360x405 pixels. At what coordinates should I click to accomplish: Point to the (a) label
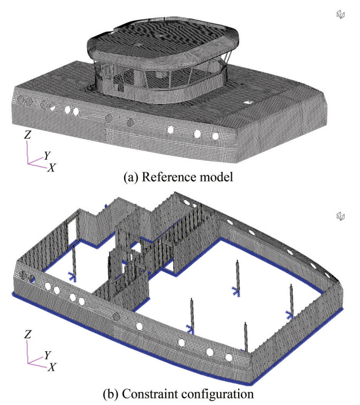[x=131, y=178]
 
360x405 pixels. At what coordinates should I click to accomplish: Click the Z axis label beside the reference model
[x=27, y=134]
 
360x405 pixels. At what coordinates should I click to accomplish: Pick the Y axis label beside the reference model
[x=47, y=156]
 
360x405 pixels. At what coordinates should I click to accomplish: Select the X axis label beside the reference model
[x=51, y=168]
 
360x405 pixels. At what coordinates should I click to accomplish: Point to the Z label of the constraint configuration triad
[x=27, y=334]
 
